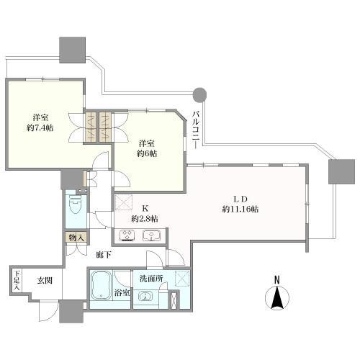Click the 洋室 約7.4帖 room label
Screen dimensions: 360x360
(x=40, y=122)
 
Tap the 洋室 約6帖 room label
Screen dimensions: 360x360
(x=147, y=148)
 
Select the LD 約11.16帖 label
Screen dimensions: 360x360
(x=240, y=204)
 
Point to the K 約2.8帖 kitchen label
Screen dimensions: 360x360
(x=145, y=213)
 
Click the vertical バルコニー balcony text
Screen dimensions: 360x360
(x=196, y=130)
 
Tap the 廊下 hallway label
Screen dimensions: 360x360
(x=104, y=254)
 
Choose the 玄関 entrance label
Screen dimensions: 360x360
(x=45, y=280)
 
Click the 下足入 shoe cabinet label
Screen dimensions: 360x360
(x=17, y=280)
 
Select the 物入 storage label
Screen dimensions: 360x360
(x=76, y=238)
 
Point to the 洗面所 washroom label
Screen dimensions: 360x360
(x=151, y=279)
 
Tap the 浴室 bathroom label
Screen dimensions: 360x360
(x=122, y=293)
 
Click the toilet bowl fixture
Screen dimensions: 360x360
(x=76, y=204)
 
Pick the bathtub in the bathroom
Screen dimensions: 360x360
(x=102, y=286)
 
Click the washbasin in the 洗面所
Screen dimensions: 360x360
(x=145, y=297)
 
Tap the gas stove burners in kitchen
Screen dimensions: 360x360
(x=127, y=235)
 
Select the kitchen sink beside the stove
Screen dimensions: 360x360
(x=152, y=235)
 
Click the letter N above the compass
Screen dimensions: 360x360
(x=277, y=280)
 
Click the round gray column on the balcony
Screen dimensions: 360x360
(x=199, y=94)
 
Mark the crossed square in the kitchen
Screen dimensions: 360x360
(x=124, y=202)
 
